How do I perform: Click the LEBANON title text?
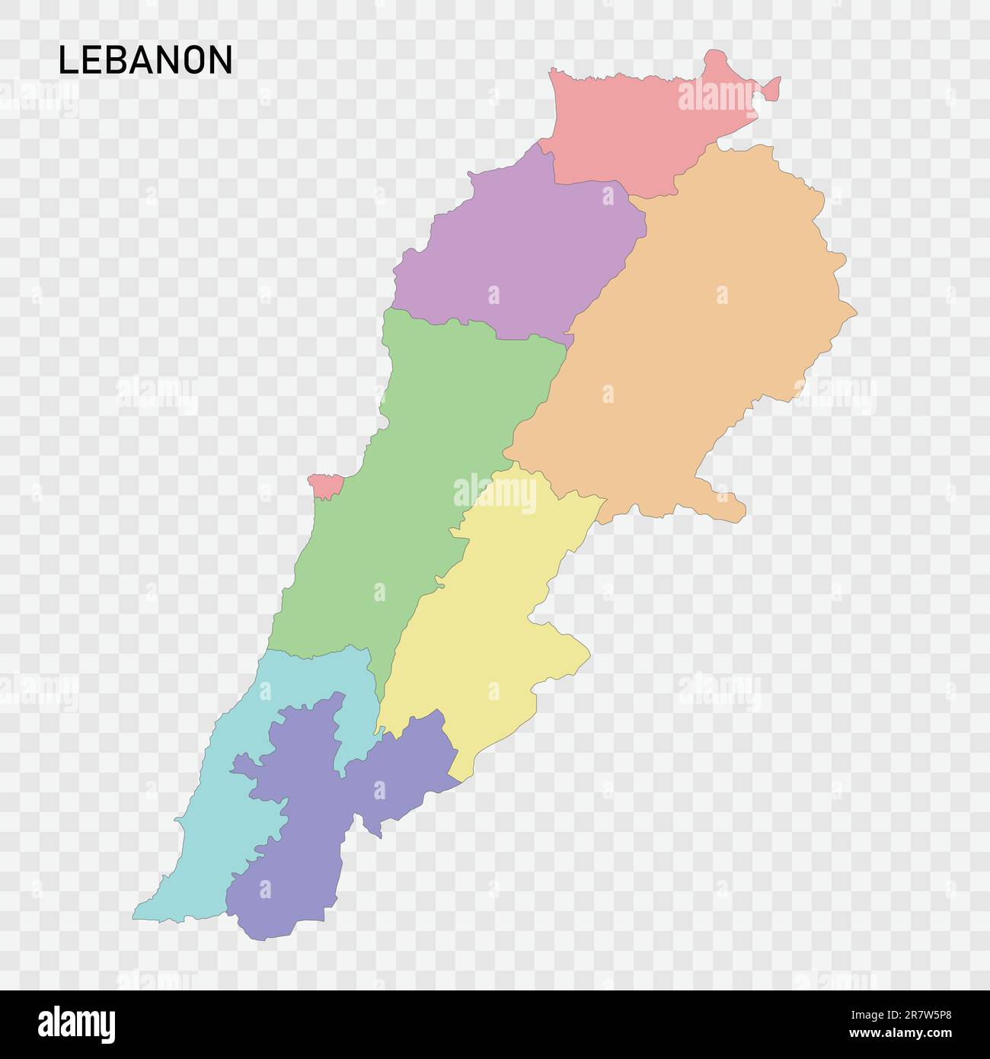145,60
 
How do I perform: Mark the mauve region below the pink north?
518,251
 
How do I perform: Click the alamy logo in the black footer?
78,1023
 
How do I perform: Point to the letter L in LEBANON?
66,60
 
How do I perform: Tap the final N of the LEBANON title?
221,60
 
